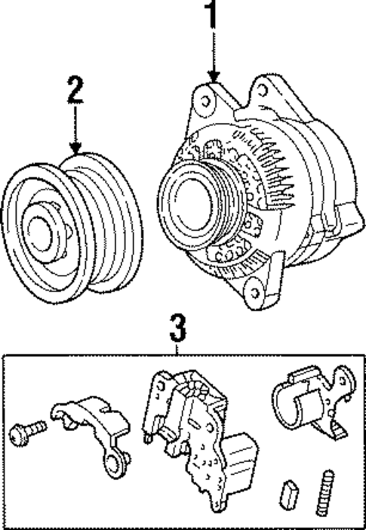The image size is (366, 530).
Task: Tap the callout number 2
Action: pos(74,90)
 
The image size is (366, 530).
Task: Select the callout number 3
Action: pos(176,329)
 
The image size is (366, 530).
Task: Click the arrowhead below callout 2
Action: pos(74,147)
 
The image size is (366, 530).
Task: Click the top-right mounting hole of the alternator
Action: pos(262,90)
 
